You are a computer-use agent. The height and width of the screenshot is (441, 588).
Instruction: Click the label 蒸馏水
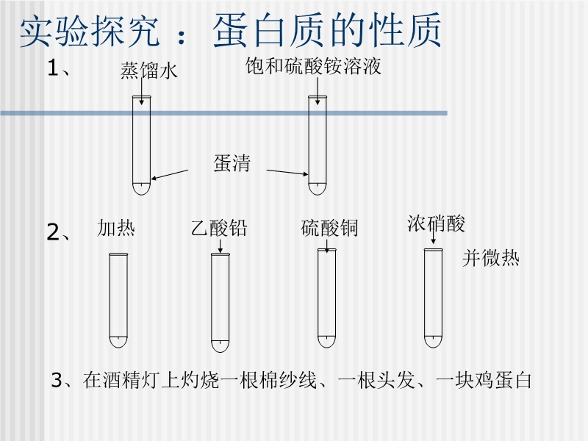point(149,71)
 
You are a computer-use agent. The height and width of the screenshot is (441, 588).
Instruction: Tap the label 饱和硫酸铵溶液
point(312,67)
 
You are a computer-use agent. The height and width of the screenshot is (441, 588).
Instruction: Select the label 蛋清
point(232,163)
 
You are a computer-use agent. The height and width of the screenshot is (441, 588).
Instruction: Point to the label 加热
point(116,229)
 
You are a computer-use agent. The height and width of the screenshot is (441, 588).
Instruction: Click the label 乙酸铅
point(218,229)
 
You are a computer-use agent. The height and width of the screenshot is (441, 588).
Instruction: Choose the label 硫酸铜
point(329,229)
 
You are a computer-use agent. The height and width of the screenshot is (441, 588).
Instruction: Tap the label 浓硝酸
point(436,223)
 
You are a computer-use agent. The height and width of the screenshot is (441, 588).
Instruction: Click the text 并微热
point(490,259)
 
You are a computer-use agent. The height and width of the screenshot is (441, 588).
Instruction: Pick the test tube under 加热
point(118,301)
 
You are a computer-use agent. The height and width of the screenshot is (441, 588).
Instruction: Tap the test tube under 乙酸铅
point(220,301)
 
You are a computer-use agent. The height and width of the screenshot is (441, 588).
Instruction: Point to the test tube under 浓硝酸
point(434,298)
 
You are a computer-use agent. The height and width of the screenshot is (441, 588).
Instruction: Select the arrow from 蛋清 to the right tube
point(287,172)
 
